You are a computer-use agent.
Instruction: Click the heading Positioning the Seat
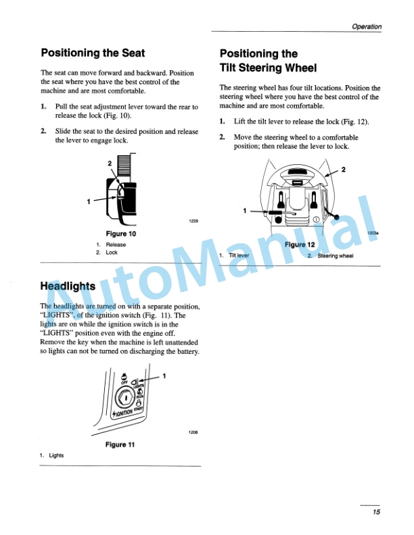point(93,53)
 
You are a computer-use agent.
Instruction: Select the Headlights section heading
point(68,286)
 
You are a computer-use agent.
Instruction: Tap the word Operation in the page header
point(367,27)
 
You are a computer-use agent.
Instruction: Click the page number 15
point(376,512)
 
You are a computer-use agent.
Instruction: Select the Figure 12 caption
point(300,245)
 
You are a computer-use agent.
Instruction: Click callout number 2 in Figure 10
point(109,164)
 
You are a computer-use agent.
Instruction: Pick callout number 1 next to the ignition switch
point(164,376)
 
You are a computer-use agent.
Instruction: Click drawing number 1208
point(193,432)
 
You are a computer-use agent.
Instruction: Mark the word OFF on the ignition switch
point(124,382)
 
